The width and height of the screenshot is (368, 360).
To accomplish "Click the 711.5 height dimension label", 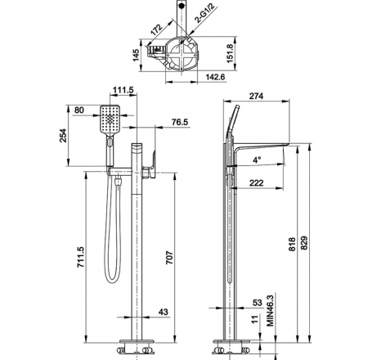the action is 81,257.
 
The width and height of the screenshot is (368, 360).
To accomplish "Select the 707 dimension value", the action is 169,258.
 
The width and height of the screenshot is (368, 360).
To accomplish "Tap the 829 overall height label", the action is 304,242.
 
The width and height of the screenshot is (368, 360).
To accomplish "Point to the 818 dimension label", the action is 292,244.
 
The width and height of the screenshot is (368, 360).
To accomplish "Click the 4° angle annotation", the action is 257,160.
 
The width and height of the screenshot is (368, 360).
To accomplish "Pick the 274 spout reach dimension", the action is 256,96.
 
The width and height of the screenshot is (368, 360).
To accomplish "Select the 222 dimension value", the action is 256,182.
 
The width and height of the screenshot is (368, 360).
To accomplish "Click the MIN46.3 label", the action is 270,310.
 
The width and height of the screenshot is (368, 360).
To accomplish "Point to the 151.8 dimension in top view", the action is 231,53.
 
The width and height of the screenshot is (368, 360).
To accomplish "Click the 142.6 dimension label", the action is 215,77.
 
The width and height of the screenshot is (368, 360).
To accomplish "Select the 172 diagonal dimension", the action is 157,30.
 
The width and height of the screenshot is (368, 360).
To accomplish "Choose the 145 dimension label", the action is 136,56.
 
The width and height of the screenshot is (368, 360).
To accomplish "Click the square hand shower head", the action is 110,119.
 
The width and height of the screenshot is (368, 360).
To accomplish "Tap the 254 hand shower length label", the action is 63,135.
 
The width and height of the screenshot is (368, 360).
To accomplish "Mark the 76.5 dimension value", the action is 180,122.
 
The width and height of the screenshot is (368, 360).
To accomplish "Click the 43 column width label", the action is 164,312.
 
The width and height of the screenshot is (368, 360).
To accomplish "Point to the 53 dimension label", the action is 257,303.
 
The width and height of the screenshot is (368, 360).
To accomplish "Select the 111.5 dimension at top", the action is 123,90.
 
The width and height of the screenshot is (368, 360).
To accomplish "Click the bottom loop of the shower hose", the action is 112,280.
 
